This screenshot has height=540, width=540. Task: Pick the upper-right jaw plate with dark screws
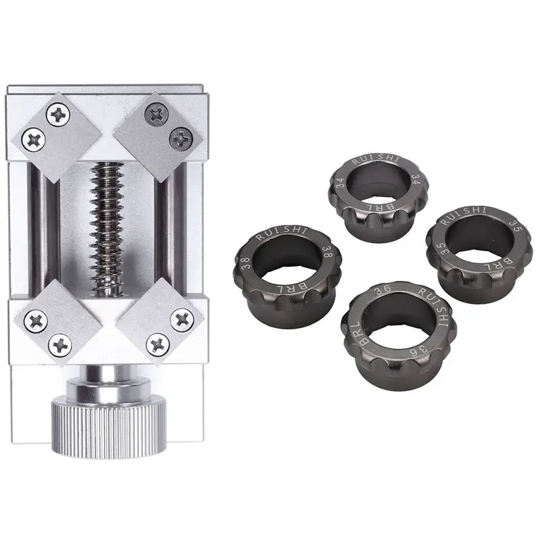tap(157, 128)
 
